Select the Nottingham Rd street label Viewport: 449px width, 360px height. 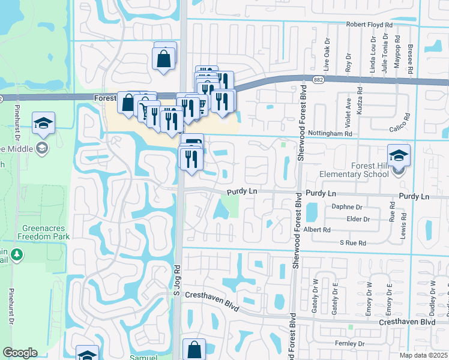[330, 134]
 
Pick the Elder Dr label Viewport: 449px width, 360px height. [358, 219]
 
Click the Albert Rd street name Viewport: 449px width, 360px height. [318, 230]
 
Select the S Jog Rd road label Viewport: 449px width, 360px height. [177, 280]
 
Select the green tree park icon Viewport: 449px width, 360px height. [16, 254]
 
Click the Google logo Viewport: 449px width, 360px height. [20, 353]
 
